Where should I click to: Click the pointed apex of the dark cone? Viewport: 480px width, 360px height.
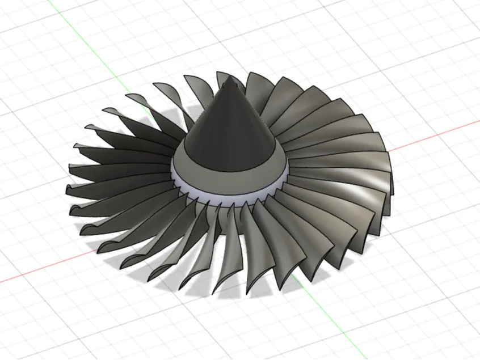230,79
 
